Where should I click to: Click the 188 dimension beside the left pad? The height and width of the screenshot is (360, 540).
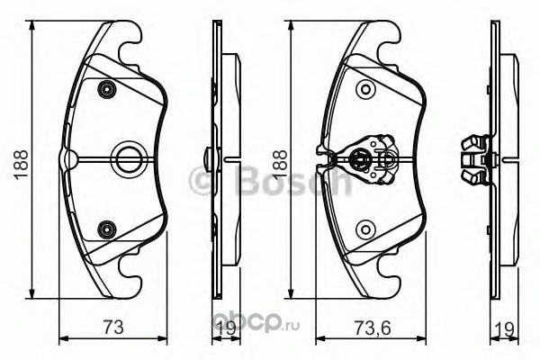[21, 164]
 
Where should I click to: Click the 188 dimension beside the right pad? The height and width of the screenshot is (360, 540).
[279, 164]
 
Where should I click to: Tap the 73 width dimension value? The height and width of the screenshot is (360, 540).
[113, 327]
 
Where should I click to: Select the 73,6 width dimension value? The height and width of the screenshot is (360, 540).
[372, 327]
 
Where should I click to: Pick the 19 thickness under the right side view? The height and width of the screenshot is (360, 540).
[505, 328]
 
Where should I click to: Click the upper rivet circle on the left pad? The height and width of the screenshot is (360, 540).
[107, 90]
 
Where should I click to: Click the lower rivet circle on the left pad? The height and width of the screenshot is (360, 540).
[107, 229]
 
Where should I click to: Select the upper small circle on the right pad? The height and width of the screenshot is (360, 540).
[365, 90]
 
